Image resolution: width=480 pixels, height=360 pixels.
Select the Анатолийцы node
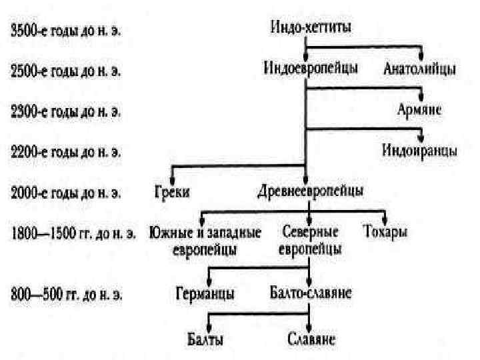point(419,69)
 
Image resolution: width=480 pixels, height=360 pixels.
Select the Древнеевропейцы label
point(310,192)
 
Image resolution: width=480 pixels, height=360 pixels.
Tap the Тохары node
point(385,233)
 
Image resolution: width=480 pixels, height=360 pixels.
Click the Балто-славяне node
point(311,293)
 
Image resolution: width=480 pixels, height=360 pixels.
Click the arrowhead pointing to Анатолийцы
point(420,56)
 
